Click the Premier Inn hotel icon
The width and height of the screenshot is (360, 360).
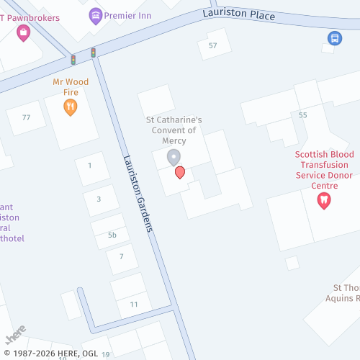tap(96, 14)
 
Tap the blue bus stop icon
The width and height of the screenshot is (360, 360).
tap(333, 37)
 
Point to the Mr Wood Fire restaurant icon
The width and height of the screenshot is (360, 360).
tap(71, 107)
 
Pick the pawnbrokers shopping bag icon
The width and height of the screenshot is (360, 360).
tap(24, 31)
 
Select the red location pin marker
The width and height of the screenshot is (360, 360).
tap(180, 172)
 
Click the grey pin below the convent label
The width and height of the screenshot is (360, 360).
tap(173, 157)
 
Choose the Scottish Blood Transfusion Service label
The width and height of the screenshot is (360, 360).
tap(324, 170)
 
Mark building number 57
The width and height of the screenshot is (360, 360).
tap(212, 45)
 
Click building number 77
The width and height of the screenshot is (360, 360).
tap(27, 117)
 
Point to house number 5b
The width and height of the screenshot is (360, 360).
tap(112, 235)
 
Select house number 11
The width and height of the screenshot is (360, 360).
tap(134, 305)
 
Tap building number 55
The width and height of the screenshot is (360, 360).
tap(302, 115)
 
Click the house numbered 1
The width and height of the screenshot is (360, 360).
tap(89, 166)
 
